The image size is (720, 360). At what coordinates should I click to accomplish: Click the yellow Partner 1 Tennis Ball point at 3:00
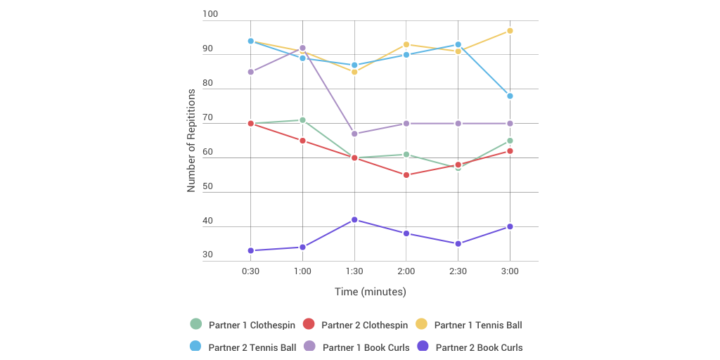click(510, 31)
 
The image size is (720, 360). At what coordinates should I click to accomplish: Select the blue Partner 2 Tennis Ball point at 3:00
click(510, 96)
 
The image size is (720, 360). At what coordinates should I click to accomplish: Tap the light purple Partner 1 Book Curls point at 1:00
click(302, 48)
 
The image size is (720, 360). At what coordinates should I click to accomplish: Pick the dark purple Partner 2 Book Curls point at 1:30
click(354, 219)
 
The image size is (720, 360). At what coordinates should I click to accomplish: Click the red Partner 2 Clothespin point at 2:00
click(406, 175)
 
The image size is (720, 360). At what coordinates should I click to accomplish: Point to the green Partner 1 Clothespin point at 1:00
click(302, 120)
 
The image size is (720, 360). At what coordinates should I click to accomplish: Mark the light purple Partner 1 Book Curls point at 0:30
click(251, 72)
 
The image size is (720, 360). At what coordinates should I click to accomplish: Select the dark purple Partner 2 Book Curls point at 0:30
click(251, 250)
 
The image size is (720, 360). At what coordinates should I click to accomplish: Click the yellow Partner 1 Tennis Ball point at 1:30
click(354, 72)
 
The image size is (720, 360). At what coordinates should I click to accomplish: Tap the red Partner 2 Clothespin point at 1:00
click(302, 141)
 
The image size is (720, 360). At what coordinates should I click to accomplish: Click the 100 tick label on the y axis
click(210, 14)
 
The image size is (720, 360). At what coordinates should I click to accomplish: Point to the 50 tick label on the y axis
click(207, 186)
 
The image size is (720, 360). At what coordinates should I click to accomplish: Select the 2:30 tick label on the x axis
click(458, 271)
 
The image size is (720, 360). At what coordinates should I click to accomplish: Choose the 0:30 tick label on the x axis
click(251, 271)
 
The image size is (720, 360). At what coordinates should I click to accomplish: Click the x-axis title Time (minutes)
click(370, 291)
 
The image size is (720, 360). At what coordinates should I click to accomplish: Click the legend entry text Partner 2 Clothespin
click(364, 325)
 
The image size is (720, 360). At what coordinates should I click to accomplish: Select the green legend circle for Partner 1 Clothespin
click(196, 324)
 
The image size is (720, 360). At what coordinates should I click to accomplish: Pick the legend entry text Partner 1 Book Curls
click(366, 347)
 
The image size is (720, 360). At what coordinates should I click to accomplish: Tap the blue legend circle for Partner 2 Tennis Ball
click(196, 346)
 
